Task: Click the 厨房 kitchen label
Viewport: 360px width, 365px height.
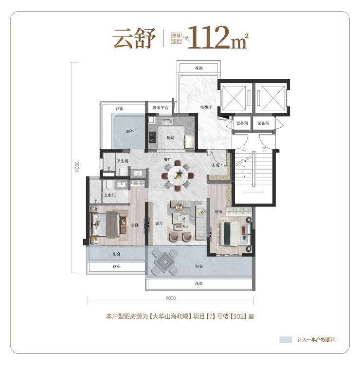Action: [171, 138]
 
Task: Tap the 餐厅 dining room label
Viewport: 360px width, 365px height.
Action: [167, 160]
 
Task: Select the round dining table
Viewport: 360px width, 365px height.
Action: [178, 175]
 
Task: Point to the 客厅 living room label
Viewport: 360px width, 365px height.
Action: [159, 224]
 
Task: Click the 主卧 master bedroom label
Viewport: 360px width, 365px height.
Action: [135, 225]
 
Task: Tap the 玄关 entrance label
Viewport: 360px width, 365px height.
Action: [216, 165]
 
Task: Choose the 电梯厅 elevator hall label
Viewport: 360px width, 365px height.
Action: [206, 107]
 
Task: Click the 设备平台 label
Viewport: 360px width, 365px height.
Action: [161, 108]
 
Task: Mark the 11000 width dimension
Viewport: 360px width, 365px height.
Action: [171, 298]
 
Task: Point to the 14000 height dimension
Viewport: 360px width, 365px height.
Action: [77, 167]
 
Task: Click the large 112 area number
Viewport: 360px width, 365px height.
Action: [209, 37]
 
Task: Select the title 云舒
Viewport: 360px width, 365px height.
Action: [134, 38]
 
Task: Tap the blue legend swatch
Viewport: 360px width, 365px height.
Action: [286, 340]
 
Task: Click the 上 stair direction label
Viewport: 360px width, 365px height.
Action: [244, 149]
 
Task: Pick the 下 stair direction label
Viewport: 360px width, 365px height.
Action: [264, 149]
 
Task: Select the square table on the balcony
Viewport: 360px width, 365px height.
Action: [165, 261]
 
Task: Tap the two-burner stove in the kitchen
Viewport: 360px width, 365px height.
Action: [152, 137]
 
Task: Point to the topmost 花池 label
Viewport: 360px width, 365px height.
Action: [199, 68]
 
